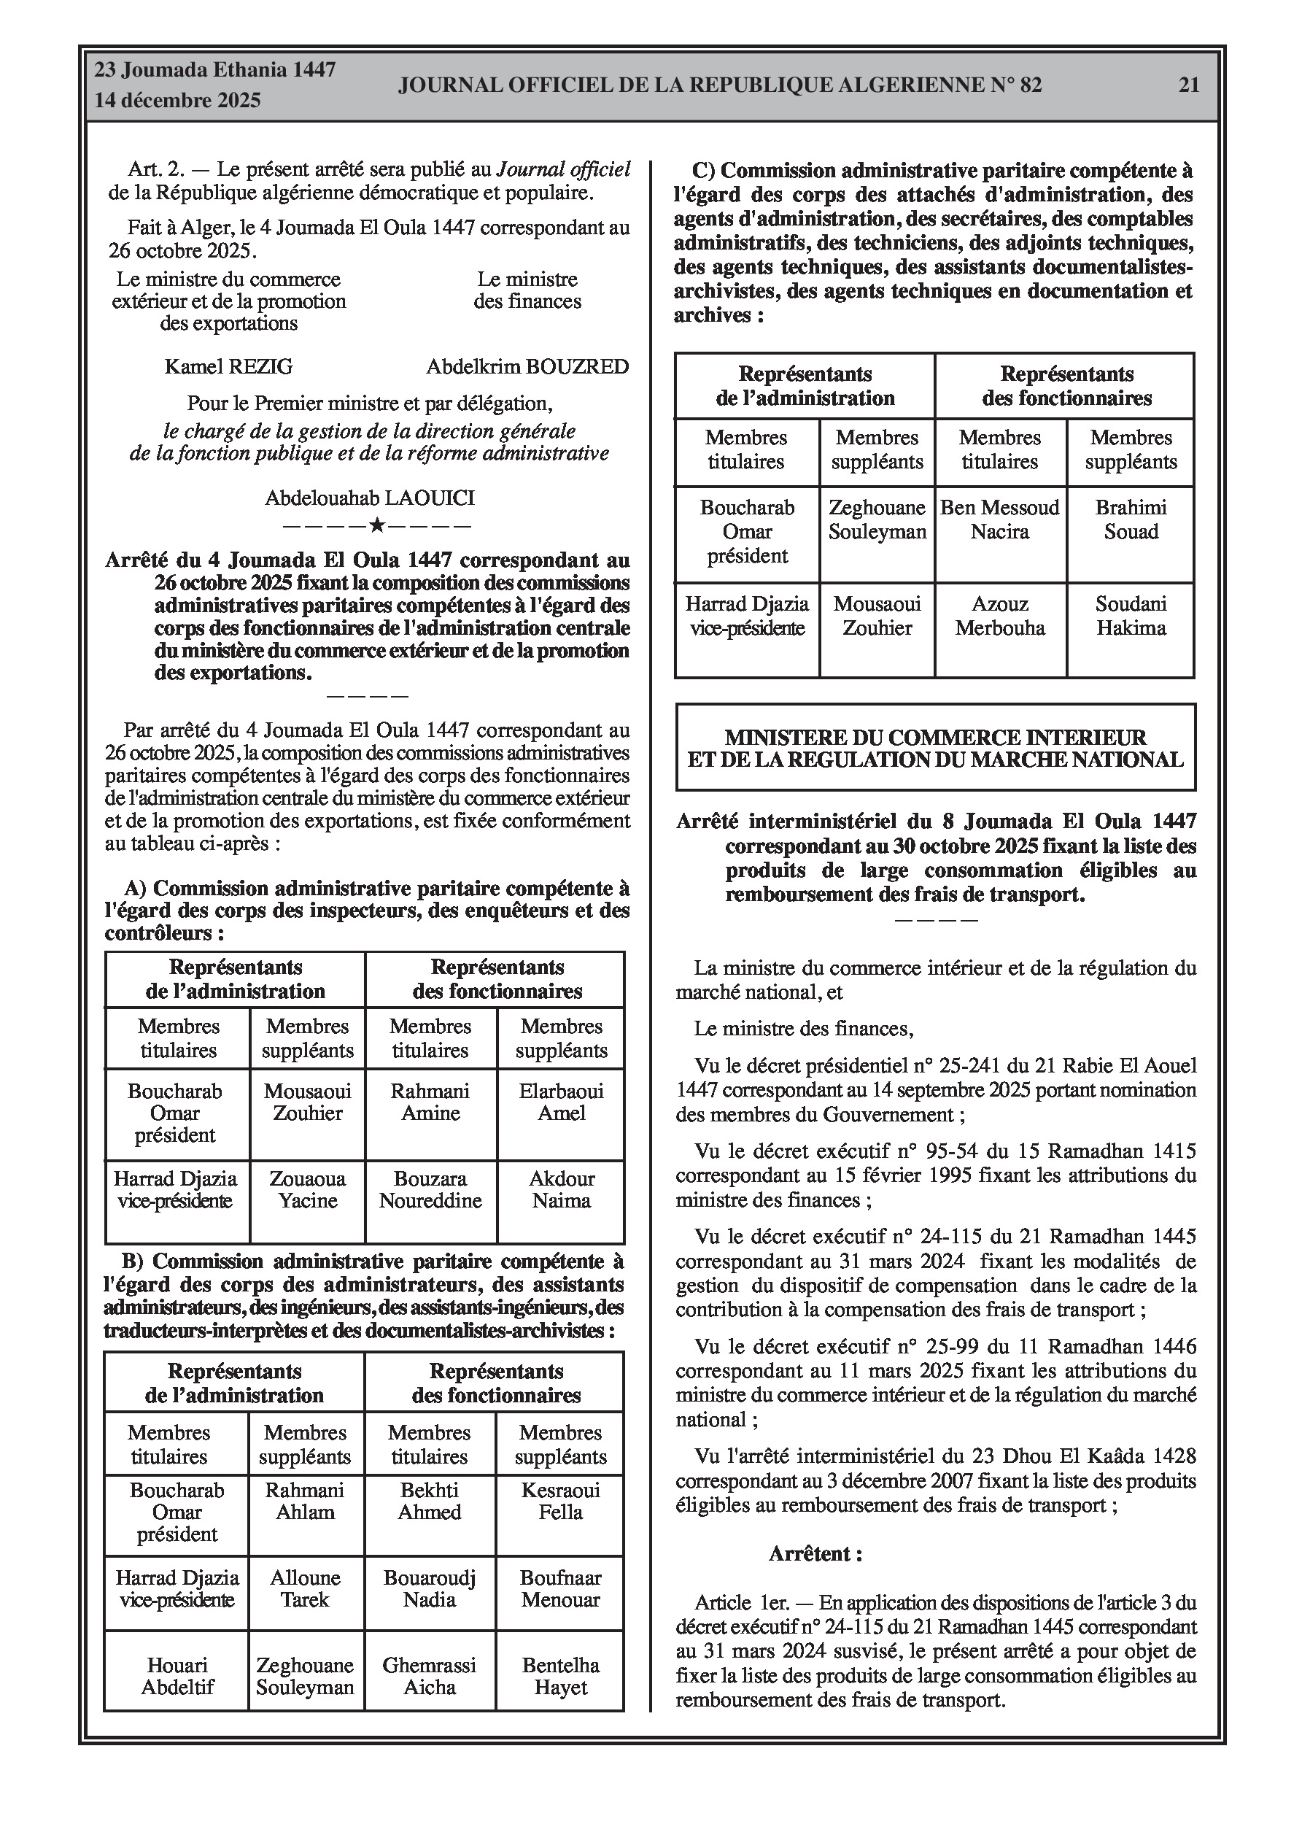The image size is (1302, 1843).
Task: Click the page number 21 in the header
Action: click(x=1188, y=85)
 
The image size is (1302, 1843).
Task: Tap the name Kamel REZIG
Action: click(x=229, y=367)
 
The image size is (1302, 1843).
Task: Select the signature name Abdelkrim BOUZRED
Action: click(x=527, y=367)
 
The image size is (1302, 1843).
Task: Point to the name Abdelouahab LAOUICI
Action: click(x=370, y=498)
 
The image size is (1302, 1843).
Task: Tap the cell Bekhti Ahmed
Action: click(x=430, y=1501)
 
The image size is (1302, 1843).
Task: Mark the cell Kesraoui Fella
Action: click(x=560, y=1501)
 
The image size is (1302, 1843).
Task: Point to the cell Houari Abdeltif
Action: click(x=177, y=1676)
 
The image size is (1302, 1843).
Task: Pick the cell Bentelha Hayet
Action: click(x=560, y=1676)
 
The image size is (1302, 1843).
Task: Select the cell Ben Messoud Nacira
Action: click(x=999, y=519)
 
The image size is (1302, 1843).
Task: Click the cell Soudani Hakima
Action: click(x=1131, y=616)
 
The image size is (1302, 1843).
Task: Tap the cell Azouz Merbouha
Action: click(x=999, y=616)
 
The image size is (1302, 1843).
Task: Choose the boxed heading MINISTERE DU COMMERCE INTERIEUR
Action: click(x=935, y=748)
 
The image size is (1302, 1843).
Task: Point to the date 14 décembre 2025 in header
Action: click(x=178, y=101)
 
